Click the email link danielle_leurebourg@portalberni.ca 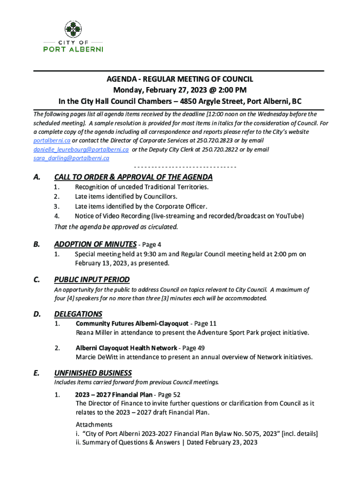coord(80,150)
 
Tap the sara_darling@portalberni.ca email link coord(71,158)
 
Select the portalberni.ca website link coord(51,141)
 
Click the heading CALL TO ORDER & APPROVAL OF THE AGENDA coord(133,177)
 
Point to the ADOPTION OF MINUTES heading coord(95,244)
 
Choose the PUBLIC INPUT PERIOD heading coord(92,280)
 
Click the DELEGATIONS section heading coord(78,314)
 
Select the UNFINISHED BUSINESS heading coord(93,373)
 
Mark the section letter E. coord(36,373)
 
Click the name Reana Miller coord(92,333)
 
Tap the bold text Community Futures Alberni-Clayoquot coord(132,324)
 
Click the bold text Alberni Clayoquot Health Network coord(126,348)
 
